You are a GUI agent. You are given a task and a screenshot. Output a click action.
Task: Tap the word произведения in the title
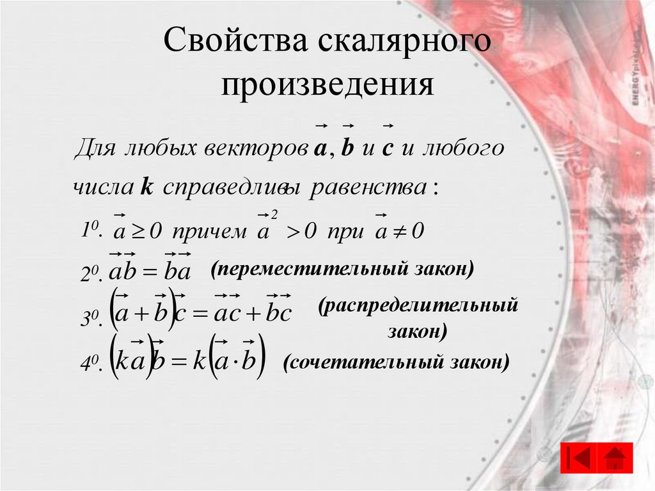pos(327,85)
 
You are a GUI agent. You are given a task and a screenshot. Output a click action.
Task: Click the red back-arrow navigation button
pos(578,458)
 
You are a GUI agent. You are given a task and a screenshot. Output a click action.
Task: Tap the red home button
pos(615,458)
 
